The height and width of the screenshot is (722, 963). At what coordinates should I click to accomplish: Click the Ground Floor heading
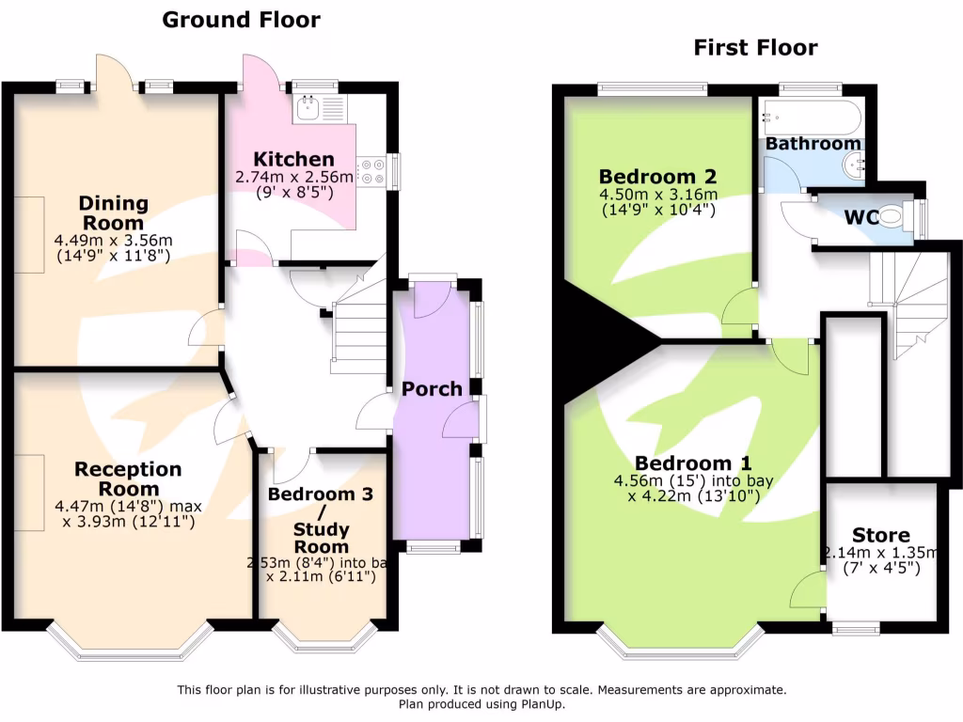(241, 20)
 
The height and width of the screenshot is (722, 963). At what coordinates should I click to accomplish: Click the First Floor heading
(755, 47)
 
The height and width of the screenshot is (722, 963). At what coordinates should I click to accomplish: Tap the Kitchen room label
(292, 159)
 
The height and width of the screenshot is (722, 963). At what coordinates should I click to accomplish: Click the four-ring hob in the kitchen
(371, 170)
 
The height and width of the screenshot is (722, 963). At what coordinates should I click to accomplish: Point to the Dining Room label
(113, 212)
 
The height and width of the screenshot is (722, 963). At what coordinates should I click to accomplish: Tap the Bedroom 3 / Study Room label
(321, 520)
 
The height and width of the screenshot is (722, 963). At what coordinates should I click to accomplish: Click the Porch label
(432, 388)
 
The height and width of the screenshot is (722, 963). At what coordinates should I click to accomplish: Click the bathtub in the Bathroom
(812, 118)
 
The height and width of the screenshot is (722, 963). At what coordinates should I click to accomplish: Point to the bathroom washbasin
(856, 165)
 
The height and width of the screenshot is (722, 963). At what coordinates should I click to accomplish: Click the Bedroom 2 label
(658, 176)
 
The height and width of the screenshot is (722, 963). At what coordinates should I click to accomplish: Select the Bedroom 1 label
(693, 463)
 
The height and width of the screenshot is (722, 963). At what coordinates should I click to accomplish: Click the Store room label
(881, 535)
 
